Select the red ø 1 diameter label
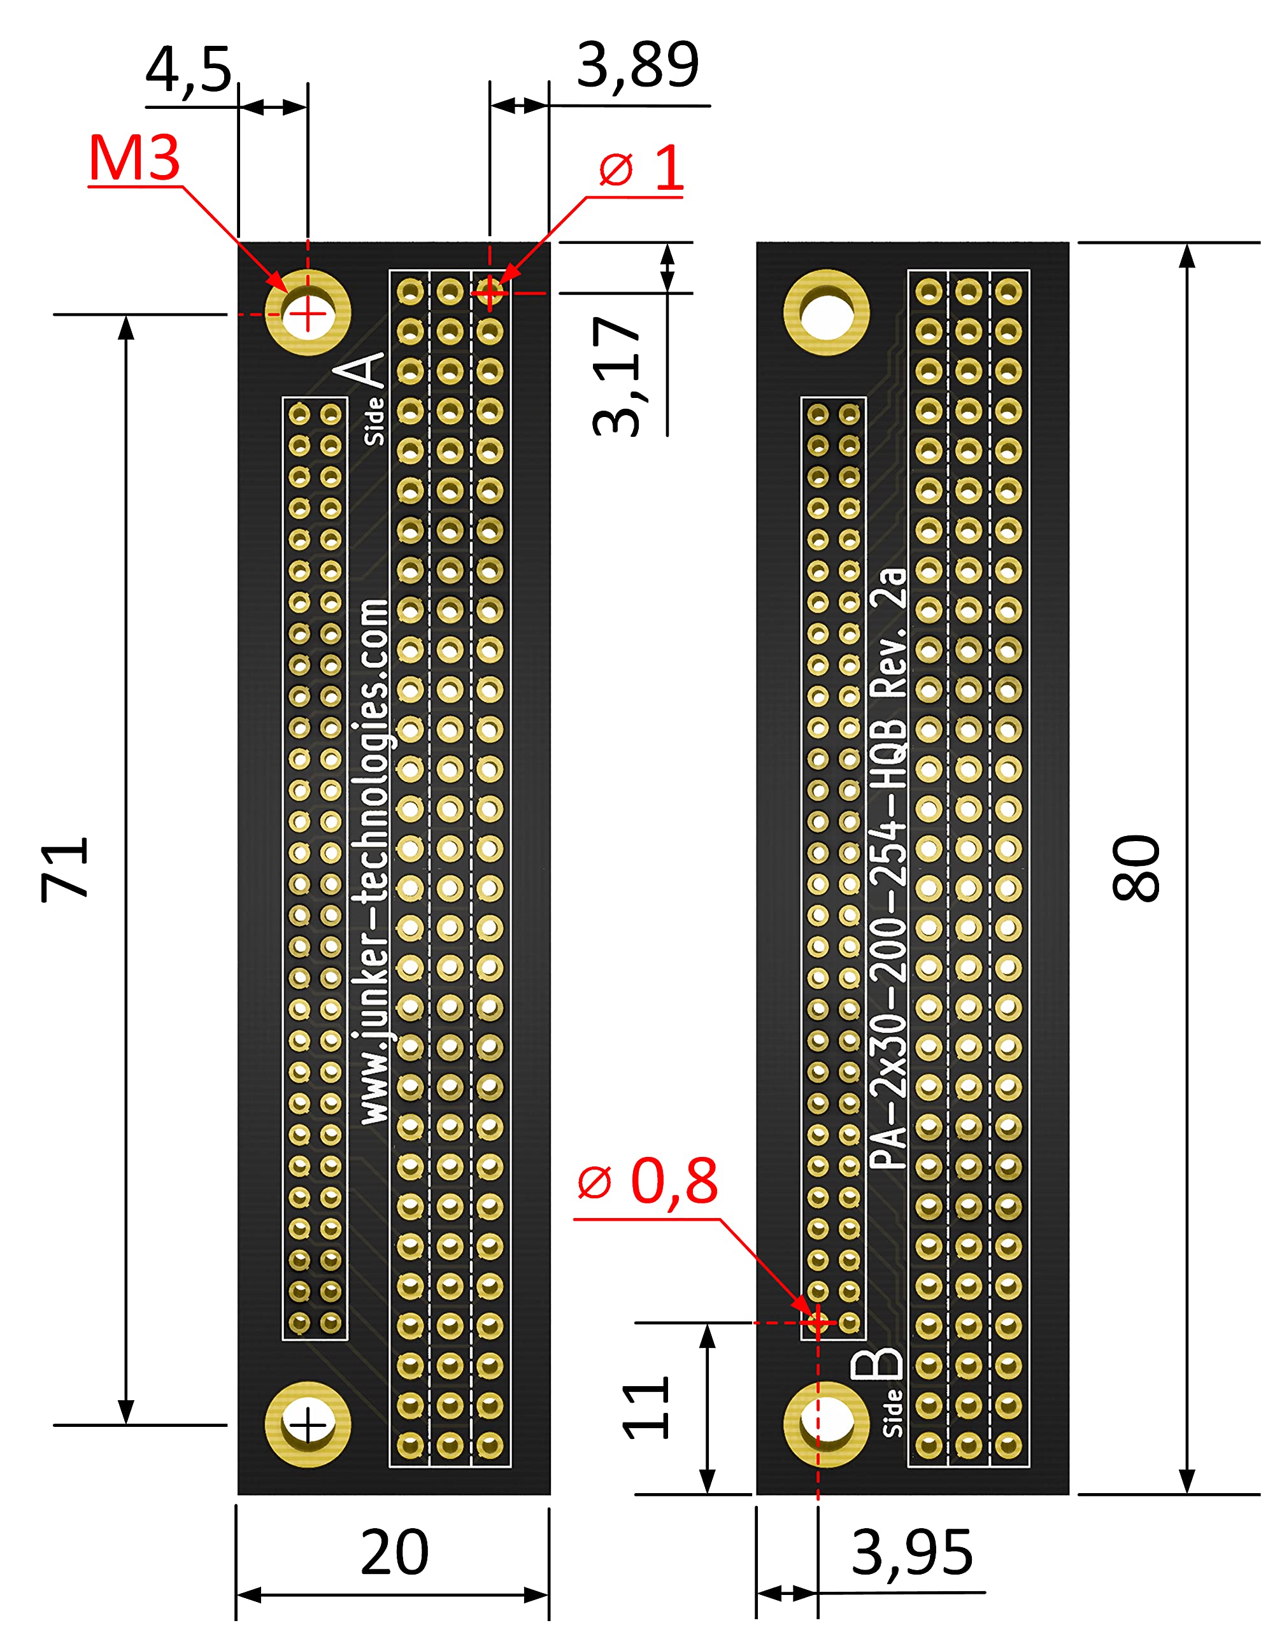(641, 168)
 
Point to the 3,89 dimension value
(638, 66)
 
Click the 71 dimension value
(66, 870)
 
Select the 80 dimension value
(1136, 868)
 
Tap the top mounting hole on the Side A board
(308, 313)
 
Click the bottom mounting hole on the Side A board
(308, 1424)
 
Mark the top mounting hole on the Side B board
(826, 313)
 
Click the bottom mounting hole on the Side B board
(826, 1424)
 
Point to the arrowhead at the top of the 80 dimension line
(1186, 255)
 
